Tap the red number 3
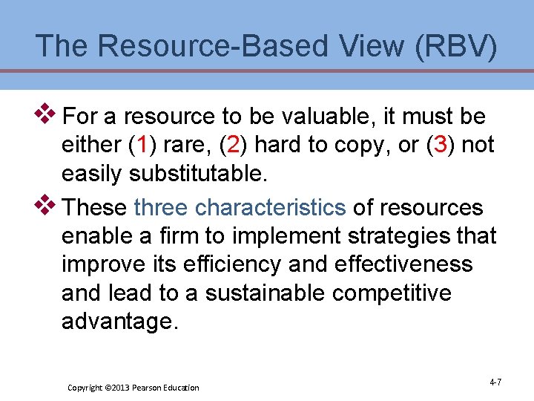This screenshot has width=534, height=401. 441,145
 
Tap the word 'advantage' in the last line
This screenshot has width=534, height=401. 120,322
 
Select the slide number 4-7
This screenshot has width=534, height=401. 495,382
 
